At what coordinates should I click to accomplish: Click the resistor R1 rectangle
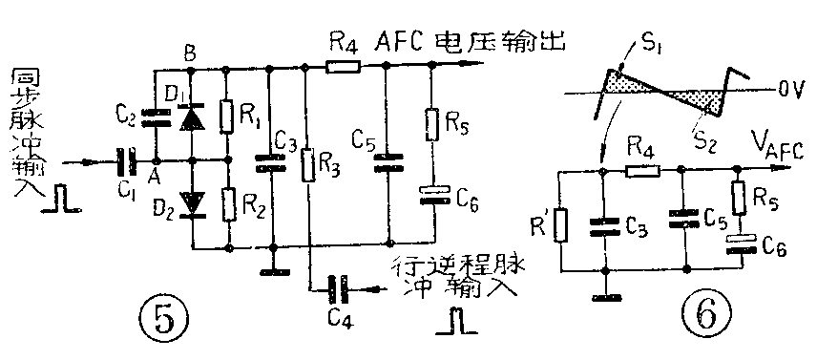click(x=228, y=115)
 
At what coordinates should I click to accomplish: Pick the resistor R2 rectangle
click(x=228, y=203)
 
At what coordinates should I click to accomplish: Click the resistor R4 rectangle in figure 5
click(x=343, y=67)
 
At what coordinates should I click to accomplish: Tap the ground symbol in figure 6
click(x=603, y=297)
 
